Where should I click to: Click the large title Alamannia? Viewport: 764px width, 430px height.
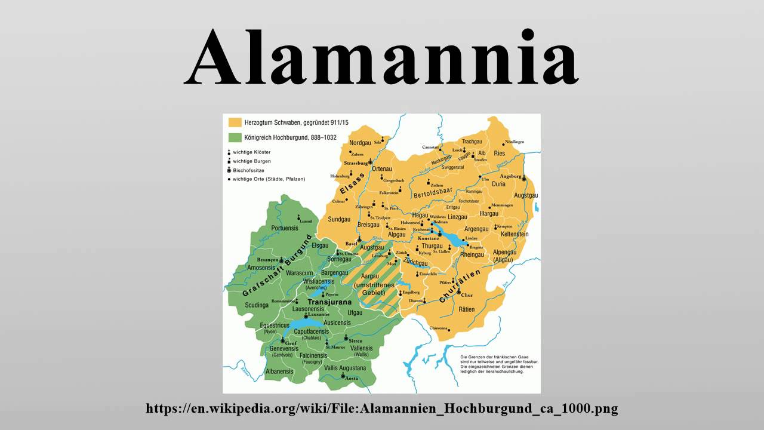tap(382, 57)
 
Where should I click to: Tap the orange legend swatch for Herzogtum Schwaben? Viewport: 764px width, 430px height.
tap(235, 122)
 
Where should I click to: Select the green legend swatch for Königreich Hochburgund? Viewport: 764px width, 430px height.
tap(235, 137)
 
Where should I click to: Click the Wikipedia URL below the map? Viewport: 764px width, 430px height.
tap(382, 408)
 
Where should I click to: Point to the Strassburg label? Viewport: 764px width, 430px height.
tap(355, 162)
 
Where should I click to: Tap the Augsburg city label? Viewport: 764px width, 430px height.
tap(511, 177)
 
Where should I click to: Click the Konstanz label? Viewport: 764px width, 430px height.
tap(429, 238)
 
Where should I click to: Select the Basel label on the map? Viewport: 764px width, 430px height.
tap(351, 244)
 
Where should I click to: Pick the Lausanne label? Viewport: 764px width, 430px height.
tap(318, 314)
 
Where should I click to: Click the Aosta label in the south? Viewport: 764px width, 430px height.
tap(352, 379)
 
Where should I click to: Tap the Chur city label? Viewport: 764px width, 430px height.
tap(467, 295)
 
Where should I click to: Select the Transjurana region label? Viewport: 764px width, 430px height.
tap(329, 302)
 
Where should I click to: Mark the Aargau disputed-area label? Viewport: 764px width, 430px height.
tap(370, 277)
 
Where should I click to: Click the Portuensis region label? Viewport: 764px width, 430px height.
tap(284, 228)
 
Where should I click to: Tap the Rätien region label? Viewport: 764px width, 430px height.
tap(467, 309)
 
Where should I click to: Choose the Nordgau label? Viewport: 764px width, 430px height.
tap(360, 143)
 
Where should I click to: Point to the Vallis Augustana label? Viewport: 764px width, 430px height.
tap(344, 368)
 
